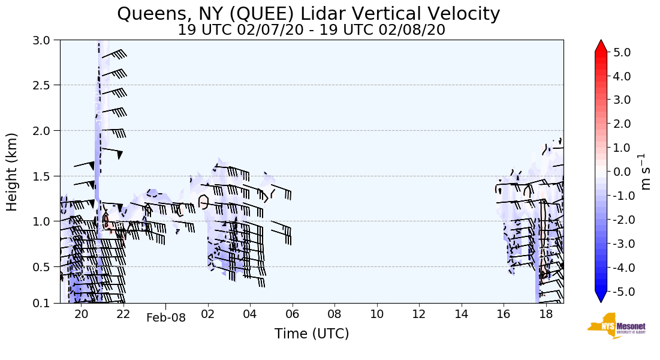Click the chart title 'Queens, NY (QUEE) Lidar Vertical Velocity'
click(x=308, y=13)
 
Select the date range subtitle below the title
click(x=311, y=30)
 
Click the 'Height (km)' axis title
click(x=13, y=172)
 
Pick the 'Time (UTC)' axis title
click(x=311, y=334)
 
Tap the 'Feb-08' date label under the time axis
click(x=166, y=318)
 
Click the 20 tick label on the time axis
click(x=81, y=314)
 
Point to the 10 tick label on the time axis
click(x=377, y=314)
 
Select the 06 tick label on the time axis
click(x=293, y=314)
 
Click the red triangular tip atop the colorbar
click(x=601, y=46)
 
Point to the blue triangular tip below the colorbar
click(x=601, y=297)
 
